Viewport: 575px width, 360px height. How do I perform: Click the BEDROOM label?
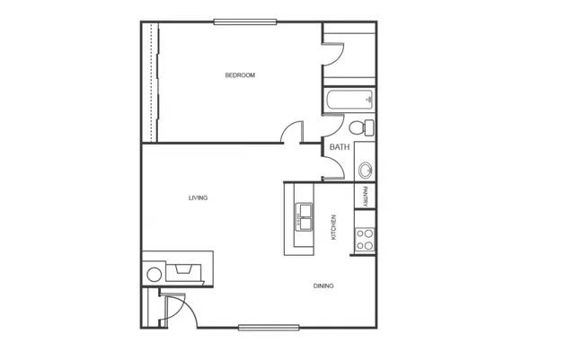click(240, 75)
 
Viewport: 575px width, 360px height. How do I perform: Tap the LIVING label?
click(198, 198)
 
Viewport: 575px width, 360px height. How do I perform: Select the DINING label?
click(323, 286)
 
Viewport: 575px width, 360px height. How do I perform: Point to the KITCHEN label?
click(333, 227)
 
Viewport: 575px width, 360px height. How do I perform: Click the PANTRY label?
click(365, 197)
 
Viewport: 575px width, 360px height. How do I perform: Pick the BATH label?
click(340, 147)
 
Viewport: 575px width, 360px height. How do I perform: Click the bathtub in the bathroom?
click(349, 100)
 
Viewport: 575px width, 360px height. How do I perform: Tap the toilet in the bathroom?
click(361, 127)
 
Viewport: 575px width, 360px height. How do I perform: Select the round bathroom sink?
click(366, 171)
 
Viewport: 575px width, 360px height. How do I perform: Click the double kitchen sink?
click(304, 217)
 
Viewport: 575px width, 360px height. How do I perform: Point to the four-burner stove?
click(365, 240)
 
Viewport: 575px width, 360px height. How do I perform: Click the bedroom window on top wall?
click(245, 22)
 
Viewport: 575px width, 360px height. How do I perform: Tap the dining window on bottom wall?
click(269, 328)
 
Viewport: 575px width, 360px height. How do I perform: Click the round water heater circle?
click(154, 275)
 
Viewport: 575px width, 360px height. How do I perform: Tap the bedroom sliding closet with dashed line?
click(151, 83)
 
